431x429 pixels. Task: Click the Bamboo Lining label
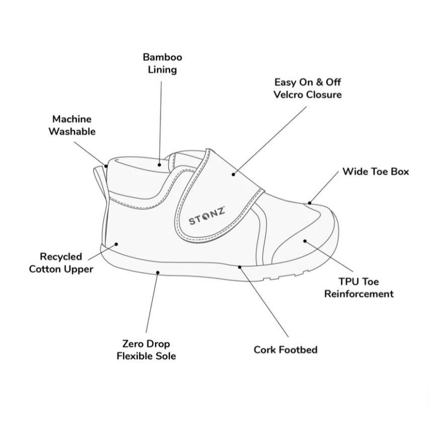coord(163,63)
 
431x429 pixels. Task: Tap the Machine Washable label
coord(72,125)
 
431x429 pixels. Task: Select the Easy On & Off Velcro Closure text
coord(308,88)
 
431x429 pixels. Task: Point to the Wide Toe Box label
coord(376,172)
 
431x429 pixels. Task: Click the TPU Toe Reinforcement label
coord(358,288)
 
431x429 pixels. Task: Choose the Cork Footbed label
coord(285,349)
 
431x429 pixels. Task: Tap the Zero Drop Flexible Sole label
coord(146,349)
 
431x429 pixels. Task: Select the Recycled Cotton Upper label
coord(61,262)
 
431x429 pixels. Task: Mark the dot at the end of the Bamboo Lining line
coord(159,165)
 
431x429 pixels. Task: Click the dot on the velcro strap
coord(233,174)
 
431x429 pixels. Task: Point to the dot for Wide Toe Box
coord(310,203)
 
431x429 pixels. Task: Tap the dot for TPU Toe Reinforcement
coord(305,241)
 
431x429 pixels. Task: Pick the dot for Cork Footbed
coord(240,267)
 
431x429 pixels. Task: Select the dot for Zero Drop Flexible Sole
coord(158,272)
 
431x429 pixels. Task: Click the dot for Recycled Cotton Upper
coord(116,244)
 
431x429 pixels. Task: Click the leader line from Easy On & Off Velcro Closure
coord(270,140)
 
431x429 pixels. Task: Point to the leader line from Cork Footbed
coord(264,302)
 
